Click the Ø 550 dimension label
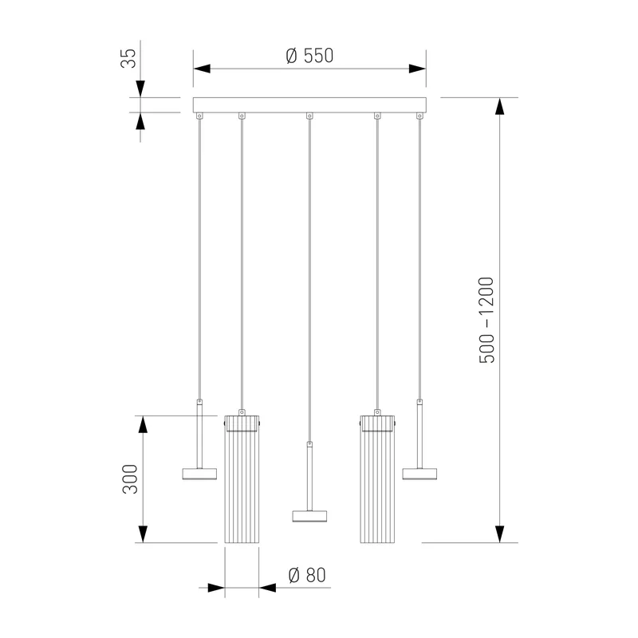tap(309, 56)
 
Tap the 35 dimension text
tap(128, 58)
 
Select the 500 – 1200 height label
tap(486, 320)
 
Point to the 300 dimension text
tap(130, 479)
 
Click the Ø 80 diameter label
tap(307, 575)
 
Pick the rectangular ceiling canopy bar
tap(309, 105)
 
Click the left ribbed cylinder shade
tap(242, 479)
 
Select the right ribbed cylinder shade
tap(377, 479)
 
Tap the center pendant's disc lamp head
tap(309, 516)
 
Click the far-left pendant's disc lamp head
tap(199, 474)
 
